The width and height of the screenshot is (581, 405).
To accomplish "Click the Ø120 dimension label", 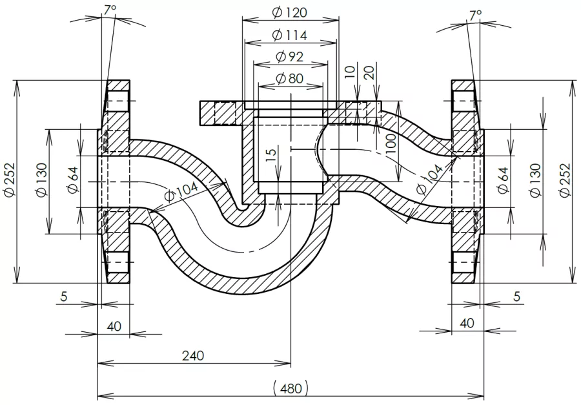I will [x=290, y=12].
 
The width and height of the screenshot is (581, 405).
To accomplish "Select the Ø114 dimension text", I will [x=290, y=35].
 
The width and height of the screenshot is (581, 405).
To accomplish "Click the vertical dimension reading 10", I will [x=350, y=72].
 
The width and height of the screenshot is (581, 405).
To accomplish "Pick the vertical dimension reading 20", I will [x=370, y=72].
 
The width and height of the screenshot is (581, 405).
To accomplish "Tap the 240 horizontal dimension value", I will [x=193, y=355].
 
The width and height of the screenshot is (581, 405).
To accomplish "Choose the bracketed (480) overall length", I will [x=290, y=388].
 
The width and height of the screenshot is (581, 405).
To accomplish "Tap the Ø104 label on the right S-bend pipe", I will [x=429, y=180].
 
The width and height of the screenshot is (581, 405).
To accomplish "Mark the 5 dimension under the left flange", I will [x=63, y=297].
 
